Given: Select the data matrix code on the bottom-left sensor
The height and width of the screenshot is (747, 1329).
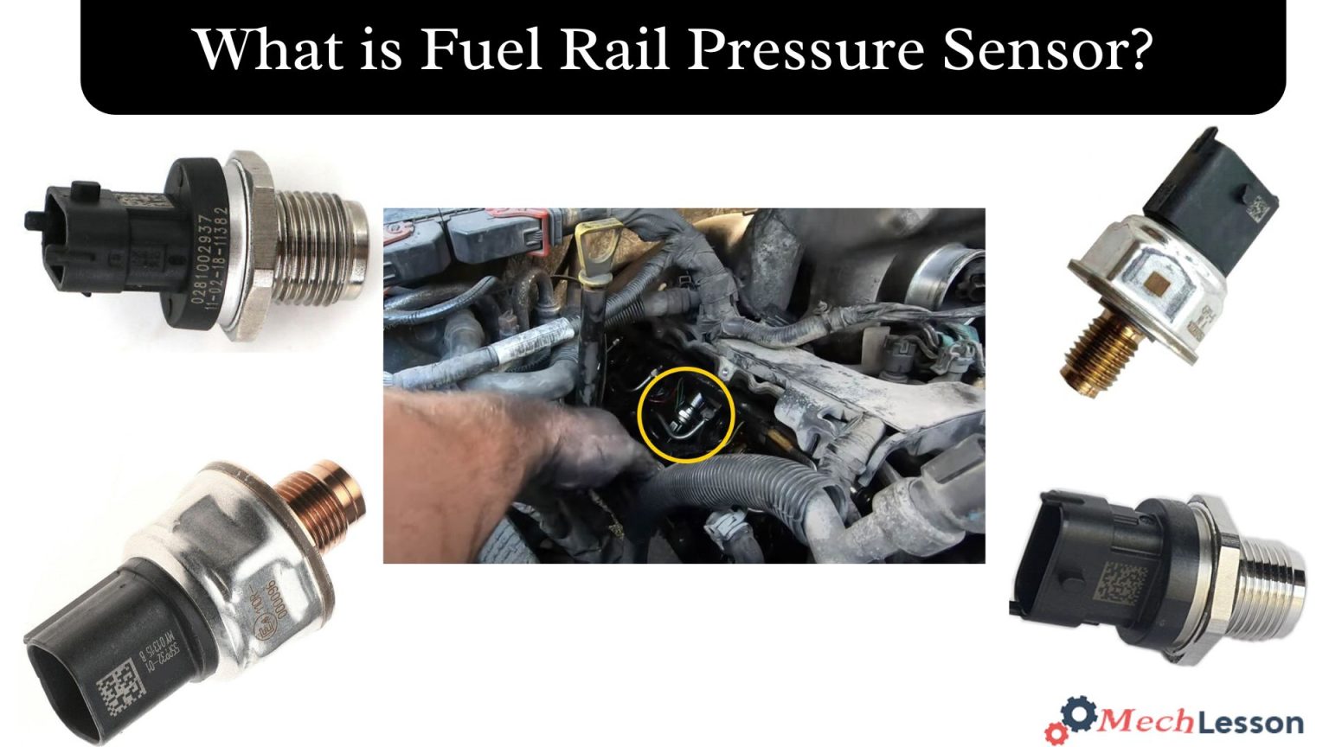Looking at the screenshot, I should coord(117,687).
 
